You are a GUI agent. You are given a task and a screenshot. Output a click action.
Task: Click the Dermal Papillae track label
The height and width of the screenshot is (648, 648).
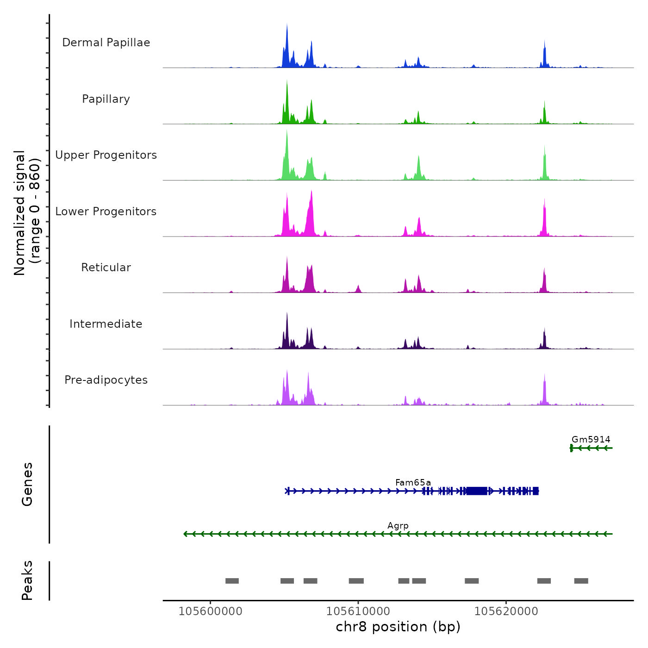[x=106, y=43]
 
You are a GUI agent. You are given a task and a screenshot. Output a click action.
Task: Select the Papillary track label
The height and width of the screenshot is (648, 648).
[x=106, y=99]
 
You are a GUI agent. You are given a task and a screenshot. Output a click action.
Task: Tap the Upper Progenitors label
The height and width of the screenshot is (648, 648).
[x=106, y=155]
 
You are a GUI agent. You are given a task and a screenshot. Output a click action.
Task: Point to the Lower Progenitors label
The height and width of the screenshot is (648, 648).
[x=106, y=212]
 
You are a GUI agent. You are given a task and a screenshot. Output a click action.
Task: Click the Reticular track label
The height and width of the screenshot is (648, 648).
[x=106, y=268]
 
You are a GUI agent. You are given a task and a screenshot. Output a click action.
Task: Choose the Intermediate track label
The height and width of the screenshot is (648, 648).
[x=106, y=324]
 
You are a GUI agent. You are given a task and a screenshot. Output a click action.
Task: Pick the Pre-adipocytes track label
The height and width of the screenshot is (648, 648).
[x=106, y=380]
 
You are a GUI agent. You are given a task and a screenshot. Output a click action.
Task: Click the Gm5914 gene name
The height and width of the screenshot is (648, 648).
[x=591, y=440]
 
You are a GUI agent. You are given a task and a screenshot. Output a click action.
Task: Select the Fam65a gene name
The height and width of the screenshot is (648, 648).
[x=413, y=483]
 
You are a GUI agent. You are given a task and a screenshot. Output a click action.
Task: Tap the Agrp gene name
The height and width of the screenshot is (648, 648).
[x=398, y=526]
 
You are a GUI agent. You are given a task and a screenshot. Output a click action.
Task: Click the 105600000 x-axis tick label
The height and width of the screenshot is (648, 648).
[x=210, y=611]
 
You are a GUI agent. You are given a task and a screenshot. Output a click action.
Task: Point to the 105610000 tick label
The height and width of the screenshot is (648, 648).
[x=358, y=611]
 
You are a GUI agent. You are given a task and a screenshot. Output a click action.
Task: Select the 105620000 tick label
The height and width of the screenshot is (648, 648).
[x=506, y=611]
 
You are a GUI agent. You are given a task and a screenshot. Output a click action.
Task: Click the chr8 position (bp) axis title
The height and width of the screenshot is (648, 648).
[x=398, y=627]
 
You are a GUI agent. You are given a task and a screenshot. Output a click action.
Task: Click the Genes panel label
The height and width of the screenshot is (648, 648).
[x=27, y=484]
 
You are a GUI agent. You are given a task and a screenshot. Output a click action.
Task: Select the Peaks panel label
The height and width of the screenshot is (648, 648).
[x=27, y=580]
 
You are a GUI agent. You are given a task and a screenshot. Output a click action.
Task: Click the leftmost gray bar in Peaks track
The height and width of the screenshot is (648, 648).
[x=232, y=581]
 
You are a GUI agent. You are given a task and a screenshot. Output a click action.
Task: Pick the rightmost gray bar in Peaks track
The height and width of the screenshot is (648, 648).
[x=581, y=581]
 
